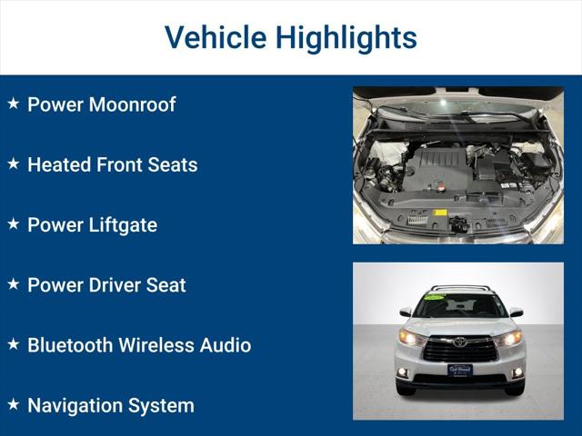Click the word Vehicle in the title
[x=216, y=37]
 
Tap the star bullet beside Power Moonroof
[x=13, y=104]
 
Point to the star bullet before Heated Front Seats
[x=13, y=163]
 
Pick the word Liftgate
[x=120, y=224]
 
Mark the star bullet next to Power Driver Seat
[x=13, y=283]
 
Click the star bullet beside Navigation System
[x=13, y=404]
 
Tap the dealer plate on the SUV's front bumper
[x=459, y=370]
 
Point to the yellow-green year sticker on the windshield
[x=435, y=297]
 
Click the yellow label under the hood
[x=440, y=213]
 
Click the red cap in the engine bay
[x=439, y=188]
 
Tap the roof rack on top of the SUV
[x=459, y=289]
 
